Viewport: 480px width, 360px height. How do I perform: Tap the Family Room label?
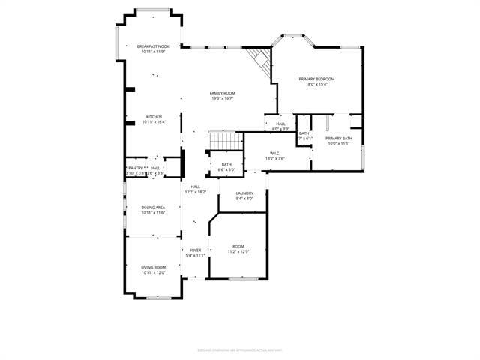(223, 93)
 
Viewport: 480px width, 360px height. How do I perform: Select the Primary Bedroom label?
(316, 79)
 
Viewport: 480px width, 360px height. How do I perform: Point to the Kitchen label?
(154, 116)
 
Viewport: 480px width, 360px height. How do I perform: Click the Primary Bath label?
(338, 138)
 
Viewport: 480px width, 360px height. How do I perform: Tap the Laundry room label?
(245, 193)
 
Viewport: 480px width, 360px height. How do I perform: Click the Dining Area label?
(153, 207)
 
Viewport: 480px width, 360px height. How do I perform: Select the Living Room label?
(153, 267)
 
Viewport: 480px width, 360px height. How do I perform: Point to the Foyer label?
(195, 250)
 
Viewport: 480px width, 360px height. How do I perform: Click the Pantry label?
(135, 168)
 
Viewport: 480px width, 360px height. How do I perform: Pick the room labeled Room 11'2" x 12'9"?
(238, 246)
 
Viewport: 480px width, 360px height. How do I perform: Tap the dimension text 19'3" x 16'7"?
(223, 98)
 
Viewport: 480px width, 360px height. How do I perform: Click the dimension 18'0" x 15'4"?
(316, 84)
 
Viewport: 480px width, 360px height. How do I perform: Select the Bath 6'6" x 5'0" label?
(226, 164)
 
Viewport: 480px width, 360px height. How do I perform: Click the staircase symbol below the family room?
(226, 139)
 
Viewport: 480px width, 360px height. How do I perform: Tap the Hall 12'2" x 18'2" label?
(195, 187)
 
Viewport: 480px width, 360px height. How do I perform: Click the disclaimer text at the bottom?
(239, 349)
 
